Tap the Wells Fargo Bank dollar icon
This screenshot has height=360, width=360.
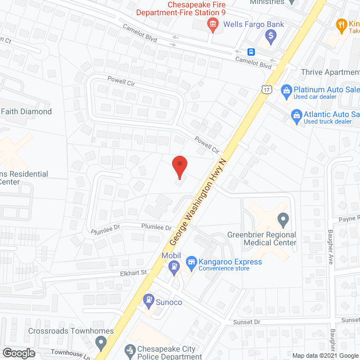[271, 37]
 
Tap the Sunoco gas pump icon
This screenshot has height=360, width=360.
[149, 300]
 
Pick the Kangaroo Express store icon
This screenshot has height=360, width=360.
[191, 262]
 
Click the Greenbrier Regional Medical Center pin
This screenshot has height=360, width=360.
[283, 218]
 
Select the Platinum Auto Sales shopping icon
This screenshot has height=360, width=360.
[286, 90]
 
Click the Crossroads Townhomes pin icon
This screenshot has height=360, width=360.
[101, 341]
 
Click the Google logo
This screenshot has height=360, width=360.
[18, 353]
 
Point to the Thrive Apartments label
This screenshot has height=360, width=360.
[330, 72]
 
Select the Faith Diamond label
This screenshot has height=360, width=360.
[26, 111]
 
